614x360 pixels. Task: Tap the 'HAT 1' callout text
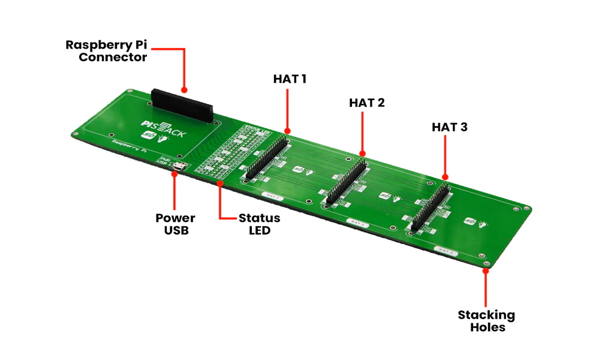click(290, 79)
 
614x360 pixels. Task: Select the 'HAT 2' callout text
click(366, 103)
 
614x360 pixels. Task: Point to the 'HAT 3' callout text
click(449, 127)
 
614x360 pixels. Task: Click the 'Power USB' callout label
click(175, 223)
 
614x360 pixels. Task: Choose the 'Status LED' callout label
click(259, 223)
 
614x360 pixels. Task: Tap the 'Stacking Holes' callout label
click(486, 321)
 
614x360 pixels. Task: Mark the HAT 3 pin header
click(430, 207)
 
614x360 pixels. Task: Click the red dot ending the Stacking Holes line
click(486, 269)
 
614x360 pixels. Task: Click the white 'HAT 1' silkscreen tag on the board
click(273, 196)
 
